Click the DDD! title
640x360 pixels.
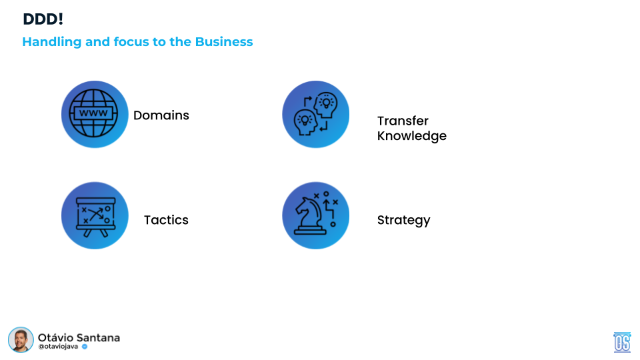[43, 19]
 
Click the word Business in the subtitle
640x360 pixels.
[224, 41]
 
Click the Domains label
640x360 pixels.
[161, 115]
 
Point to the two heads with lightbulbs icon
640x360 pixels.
[316, 114]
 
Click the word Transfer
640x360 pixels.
[403, 121]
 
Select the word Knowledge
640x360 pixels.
[412, 136]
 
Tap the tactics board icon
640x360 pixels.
[95, 216]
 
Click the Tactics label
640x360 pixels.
[166, 220]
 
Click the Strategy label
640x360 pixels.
[404, 221]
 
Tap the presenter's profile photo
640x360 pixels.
[21, 339]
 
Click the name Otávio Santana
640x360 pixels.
[79, 337]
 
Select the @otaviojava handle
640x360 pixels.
[58, 347]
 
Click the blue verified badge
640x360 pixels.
[85, 347]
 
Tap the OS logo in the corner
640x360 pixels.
[622, 342]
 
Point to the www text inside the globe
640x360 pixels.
[93, 113]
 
